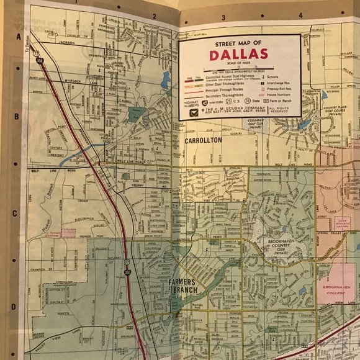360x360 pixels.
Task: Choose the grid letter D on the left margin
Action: click(x=13, y=306)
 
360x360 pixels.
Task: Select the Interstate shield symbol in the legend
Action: click(x=195, y=102)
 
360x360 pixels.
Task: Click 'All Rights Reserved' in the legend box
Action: click(x=281, y=110)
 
